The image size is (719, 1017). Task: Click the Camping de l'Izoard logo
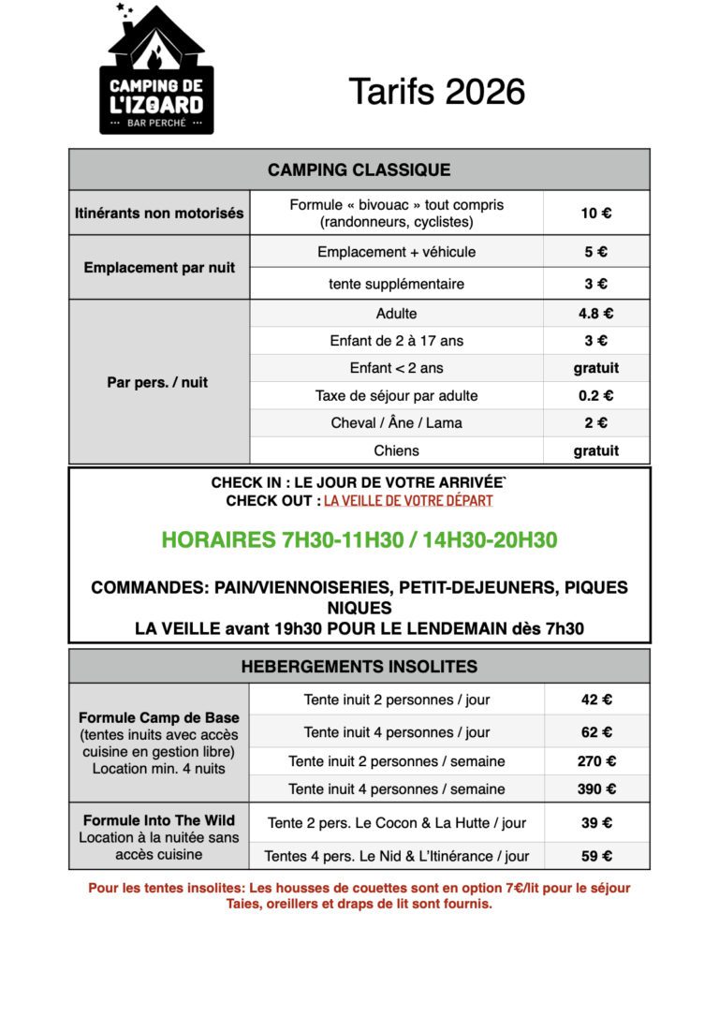coord(156,69)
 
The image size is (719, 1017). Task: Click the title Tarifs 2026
coord(436,92)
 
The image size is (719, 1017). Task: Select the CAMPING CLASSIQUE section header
coord(359,169)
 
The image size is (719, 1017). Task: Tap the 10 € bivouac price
coord(595,213)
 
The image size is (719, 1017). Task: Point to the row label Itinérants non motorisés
coord(159,213)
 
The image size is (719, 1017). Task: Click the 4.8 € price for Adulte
coord(595,314)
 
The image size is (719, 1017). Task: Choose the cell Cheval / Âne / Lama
coord(396,422)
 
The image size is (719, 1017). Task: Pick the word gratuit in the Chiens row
coord(595,450)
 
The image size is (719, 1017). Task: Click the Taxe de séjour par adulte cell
coord(396,395)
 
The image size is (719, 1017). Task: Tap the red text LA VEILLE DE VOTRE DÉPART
coord(408,500)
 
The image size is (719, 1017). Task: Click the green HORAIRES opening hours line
coord(359,539)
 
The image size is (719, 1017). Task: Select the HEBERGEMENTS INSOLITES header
coord(359,667)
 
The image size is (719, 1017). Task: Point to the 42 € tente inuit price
coord(595,700)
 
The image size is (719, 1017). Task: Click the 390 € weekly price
coord(595,789)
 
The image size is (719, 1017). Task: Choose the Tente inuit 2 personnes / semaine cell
coord(396,760)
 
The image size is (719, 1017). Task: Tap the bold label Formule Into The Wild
coord(159,819)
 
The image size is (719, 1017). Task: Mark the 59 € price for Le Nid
coord(595,855)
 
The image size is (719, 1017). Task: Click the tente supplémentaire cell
coord(396,283)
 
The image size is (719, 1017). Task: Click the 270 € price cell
coord(595,760)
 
